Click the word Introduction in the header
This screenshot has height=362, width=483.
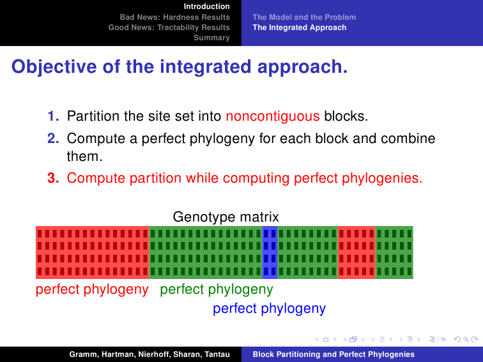[207, 6]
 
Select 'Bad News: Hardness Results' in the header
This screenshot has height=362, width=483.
[174, 17]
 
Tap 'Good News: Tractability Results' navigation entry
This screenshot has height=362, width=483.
[169, 27]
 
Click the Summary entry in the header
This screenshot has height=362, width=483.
[211, 38]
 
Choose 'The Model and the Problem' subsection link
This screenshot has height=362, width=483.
[304, 17]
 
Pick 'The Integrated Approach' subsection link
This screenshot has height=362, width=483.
[300, 27]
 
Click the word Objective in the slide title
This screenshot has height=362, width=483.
[54, 67]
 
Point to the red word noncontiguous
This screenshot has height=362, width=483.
[273, 116]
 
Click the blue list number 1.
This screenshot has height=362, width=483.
[53, 116]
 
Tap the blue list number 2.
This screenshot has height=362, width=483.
[53, 139]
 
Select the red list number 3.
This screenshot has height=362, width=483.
[53, 178]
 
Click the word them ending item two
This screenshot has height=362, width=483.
[84, 156]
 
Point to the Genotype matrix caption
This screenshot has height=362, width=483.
[226, 216]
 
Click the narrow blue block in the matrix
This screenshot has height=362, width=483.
[270, 252]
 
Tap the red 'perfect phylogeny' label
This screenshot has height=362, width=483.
[92, 290]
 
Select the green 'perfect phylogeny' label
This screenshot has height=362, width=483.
[217, 290]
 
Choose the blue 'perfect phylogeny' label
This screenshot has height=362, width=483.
[269, 308]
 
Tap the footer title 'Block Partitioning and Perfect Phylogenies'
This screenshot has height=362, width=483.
[333, 354]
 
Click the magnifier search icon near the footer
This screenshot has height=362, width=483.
[466, 340]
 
